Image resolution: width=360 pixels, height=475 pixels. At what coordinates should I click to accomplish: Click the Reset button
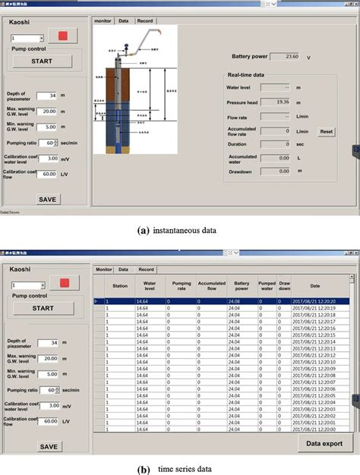326,131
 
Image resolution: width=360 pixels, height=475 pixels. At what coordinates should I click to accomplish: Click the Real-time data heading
246,75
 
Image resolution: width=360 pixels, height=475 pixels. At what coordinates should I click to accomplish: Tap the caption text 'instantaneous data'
187,228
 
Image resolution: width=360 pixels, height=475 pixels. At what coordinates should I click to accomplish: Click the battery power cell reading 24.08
242,302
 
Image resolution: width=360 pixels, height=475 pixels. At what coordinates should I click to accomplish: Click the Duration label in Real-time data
240,143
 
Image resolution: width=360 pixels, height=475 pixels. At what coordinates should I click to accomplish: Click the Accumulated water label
243,158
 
